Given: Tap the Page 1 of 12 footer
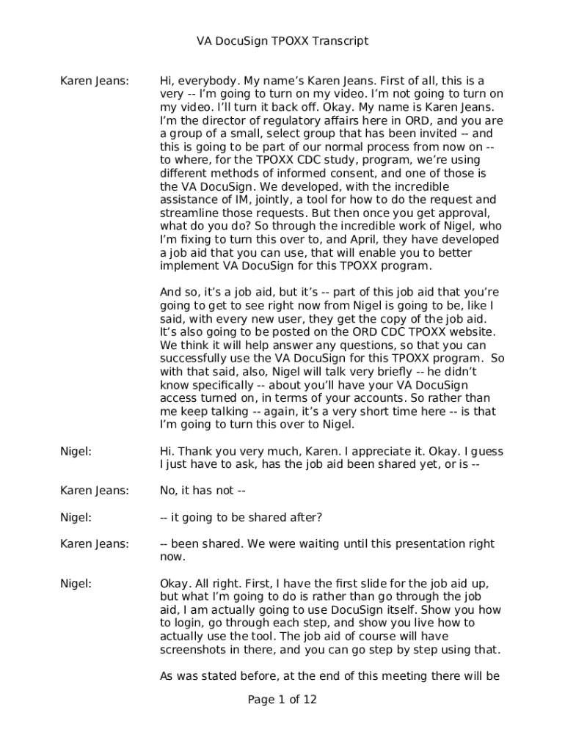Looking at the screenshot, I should click(282, 700).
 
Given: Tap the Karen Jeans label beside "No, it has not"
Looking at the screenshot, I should click(94, 491).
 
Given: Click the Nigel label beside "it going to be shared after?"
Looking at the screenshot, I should click(76, 517).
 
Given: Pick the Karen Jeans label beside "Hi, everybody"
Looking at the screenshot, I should click(94, 81).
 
